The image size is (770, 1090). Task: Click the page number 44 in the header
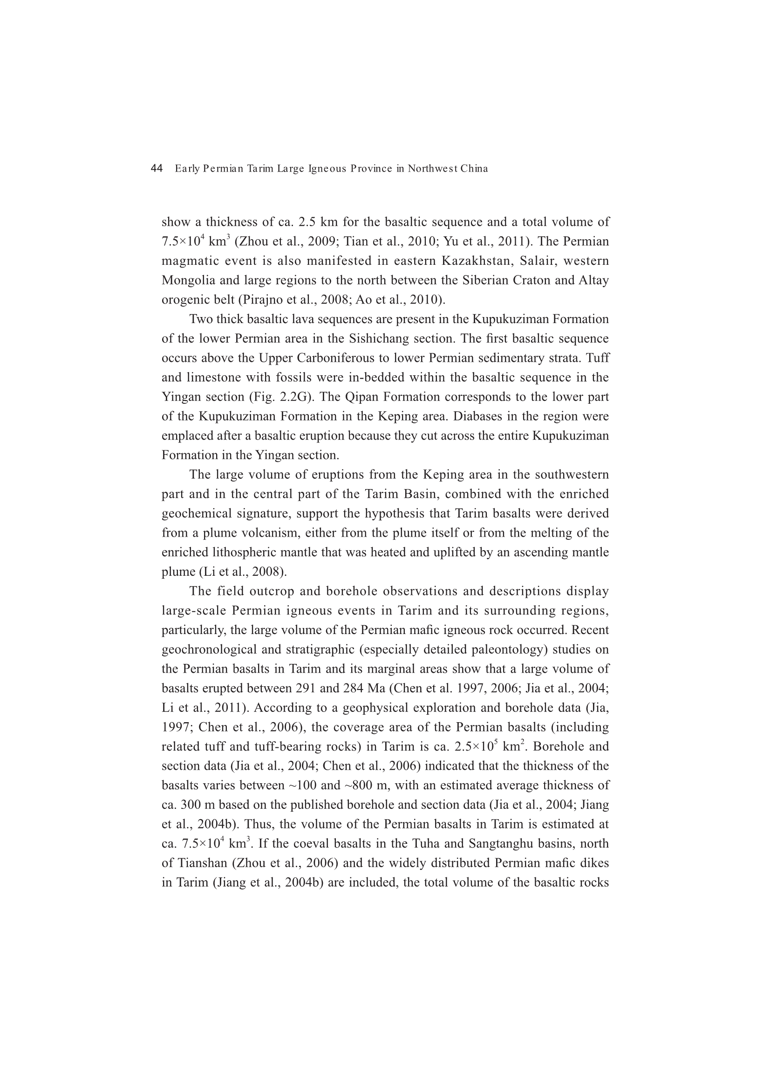(157, 168)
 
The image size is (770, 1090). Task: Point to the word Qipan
(362, 397)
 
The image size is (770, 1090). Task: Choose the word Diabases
(482, 417)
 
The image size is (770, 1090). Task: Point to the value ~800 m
(365, 786)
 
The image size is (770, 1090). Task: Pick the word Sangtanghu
(508, 844)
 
